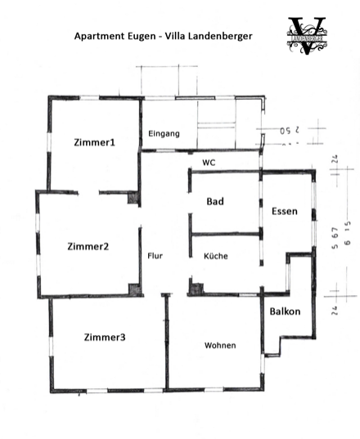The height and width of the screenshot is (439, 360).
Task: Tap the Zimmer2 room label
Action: [88, 246]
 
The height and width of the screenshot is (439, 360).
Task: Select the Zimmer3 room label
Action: [104, 337]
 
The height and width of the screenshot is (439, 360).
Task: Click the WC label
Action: [209, 163]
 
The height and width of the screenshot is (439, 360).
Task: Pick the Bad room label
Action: [215, 201]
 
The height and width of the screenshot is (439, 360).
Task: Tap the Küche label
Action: [216, 256]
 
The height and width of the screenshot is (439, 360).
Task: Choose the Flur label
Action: [155, 256]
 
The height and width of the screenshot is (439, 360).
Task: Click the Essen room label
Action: [284, 212]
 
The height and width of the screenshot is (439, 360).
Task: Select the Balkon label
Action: [285, 311]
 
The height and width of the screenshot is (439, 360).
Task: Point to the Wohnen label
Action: [219, 345]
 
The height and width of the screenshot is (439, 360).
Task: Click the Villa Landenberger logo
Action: [307, 35]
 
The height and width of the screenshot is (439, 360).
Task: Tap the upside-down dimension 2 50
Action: [290, 130]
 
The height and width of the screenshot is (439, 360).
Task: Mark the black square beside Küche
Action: [196, 287]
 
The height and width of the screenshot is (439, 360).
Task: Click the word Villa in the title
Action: [179, 36]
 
